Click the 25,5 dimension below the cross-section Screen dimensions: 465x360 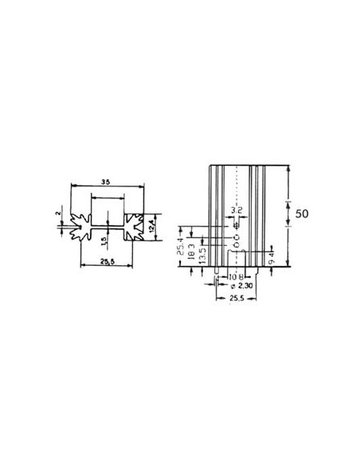point(108,261)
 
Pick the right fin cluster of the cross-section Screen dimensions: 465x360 point(133,226)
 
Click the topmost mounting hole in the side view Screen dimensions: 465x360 point(237,226)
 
